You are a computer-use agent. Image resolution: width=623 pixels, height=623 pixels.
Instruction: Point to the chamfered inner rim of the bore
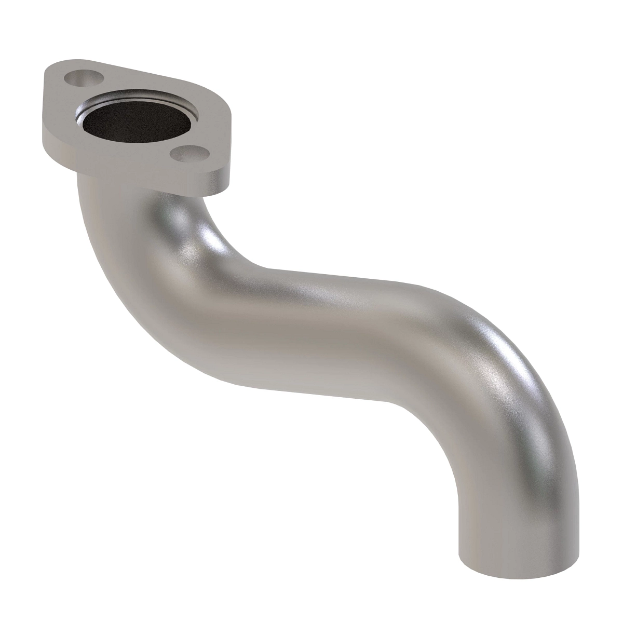[x=171, y=101]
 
